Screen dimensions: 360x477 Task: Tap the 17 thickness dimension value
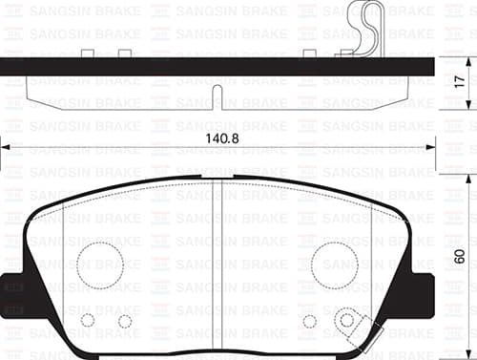pyautogui.click(x=460, y=82)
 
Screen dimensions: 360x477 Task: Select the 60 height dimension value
pyautogui.click(x=460, y=256)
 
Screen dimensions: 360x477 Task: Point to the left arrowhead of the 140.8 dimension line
pyautogui.click(x=6, y=148)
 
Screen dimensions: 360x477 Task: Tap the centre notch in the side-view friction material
pyautogui.click(x=217, y=97)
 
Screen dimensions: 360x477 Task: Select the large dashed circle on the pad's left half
pyautogui.click(x=100, y=265)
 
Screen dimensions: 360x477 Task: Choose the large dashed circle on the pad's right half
pyautogui.click(x=335, y=265)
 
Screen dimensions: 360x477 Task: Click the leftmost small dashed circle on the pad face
pyautogui.click(x=88, y=320)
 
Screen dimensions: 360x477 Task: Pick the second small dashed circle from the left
pyautogui.click(x=125, y=321)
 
